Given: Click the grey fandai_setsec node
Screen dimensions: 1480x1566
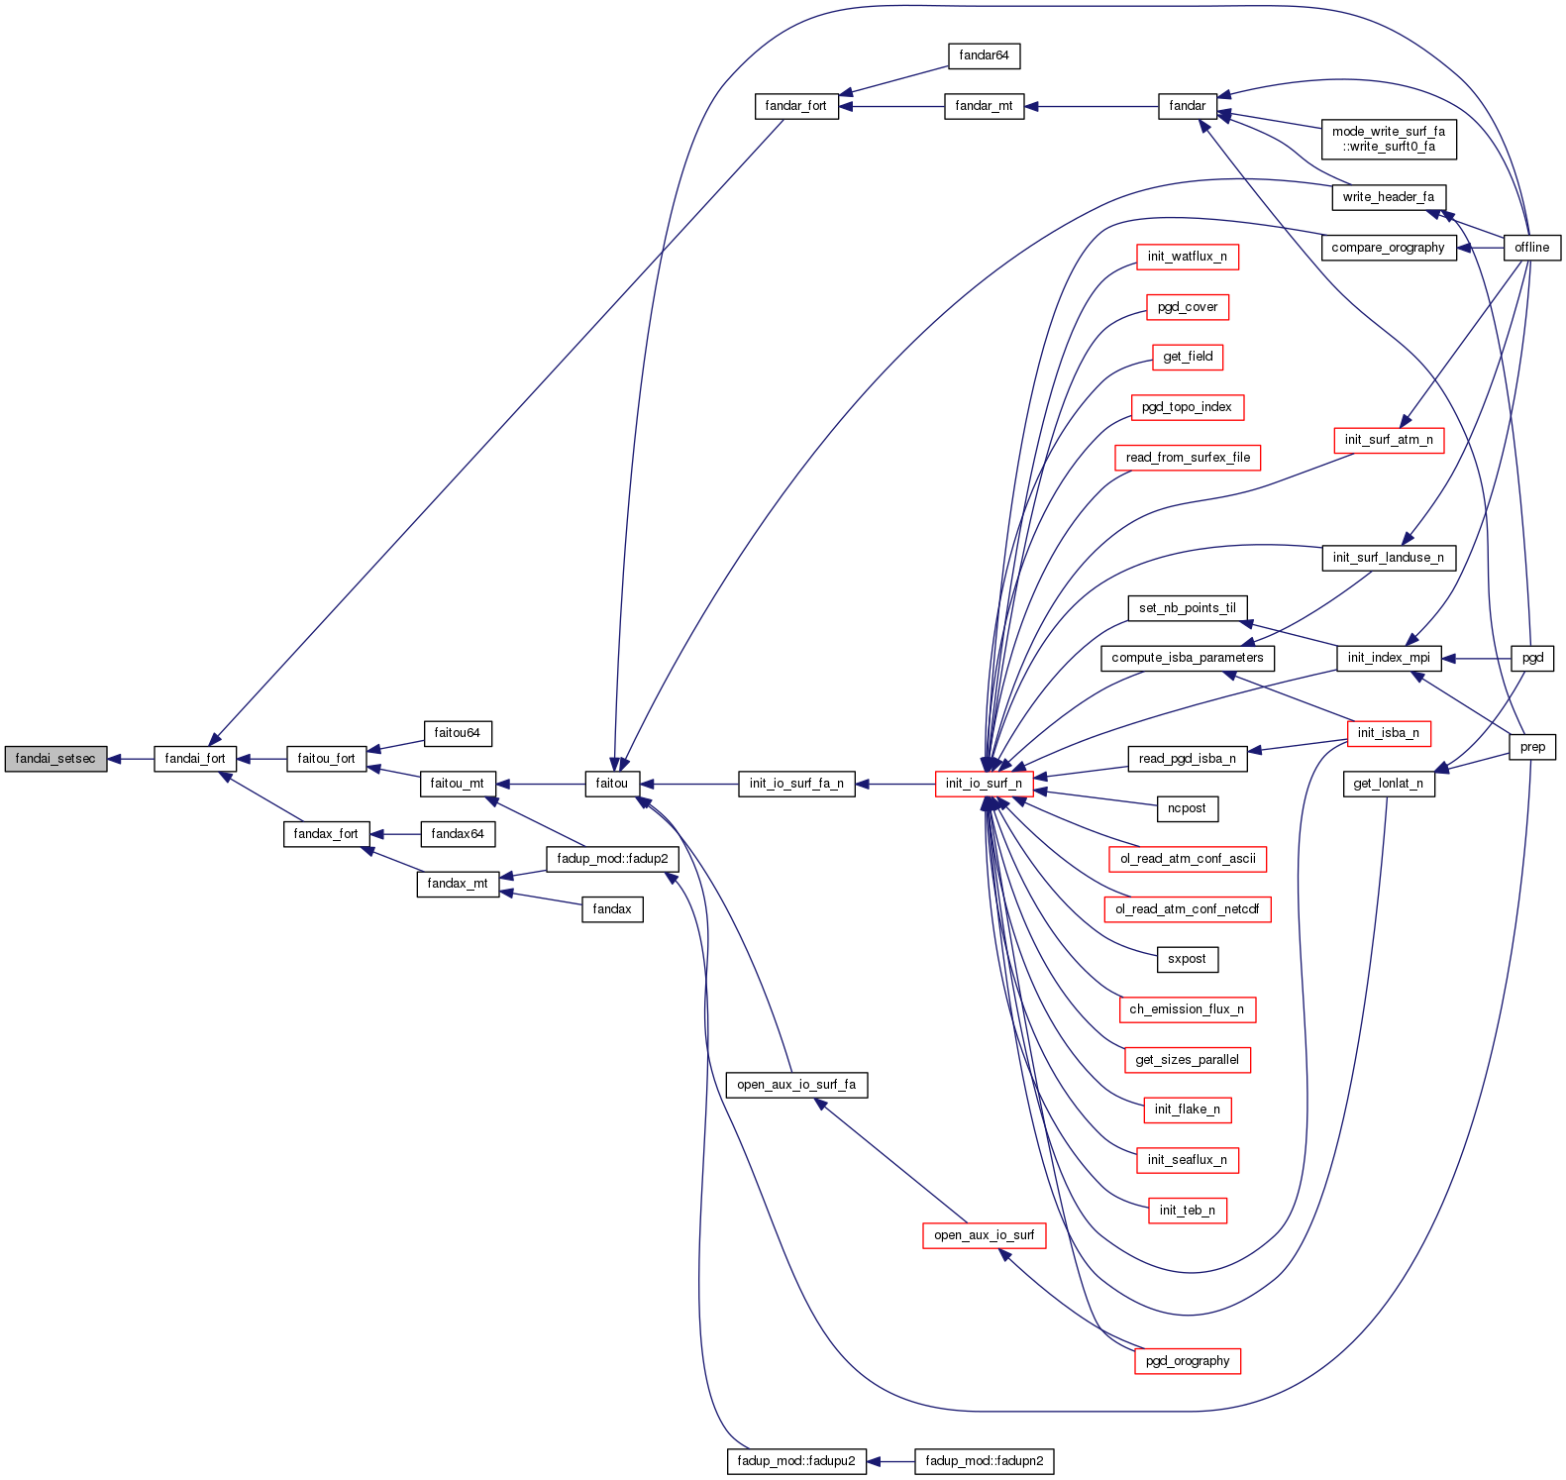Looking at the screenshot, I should coord(55,759).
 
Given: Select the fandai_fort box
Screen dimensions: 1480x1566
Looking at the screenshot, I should coord(195,759).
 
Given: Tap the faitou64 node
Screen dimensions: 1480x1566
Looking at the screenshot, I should coord(457,733).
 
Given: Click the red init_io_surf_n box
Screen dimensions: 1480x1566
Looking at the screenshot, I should coord(984,784).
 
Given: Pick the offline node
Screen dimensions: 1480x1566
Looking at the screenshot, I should coord(1531,248).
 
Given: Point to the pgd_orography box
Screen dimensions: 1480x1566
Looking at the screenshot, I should coord(1187,1361).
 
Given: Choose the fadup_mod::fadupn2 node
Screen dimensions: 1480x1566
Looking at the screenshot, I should coord(984,1461).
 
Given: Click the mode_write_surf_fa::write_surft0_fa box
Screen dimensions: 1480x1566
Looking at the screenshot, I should coord(1388,139).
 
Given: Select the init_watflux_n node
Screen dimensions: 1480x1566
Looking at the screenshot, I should coord(1187,257).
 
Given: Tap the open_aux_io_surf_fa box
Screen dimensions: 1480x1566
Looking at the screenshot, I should coord(796,1085).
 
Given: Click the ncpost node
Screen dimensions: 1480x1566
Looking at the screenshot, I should coord(1187,808).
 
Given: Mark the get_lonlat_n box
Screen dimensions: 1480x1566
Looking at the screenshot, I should coord(1388,784).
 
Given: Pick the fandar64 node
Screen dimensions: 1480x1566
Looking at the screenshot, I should coord(984,55).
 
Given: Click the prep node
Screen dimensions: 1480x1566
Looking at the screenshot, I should coord(1532,747).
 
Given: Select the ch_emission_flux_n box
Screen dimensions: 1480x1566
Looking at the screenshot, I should coord(1187,1009).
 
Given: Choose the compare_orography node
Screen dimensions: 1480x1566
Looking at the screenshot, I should coord(1388,248).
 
